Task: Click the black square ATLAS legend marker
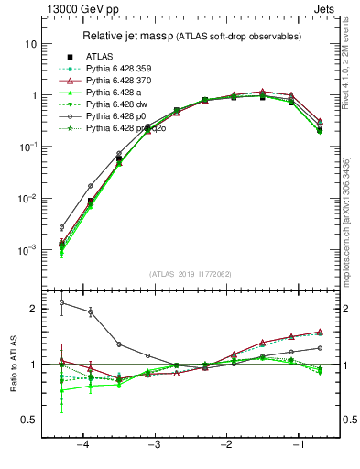tap(70, 57)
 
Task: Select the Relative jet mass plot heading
tap(201, 37)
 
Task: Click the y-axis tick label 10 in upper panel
tap(30, 44)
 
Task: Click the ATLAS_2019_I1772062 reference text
tap(190, 274)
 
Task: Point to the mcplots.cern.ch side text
tap(352, 220)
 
